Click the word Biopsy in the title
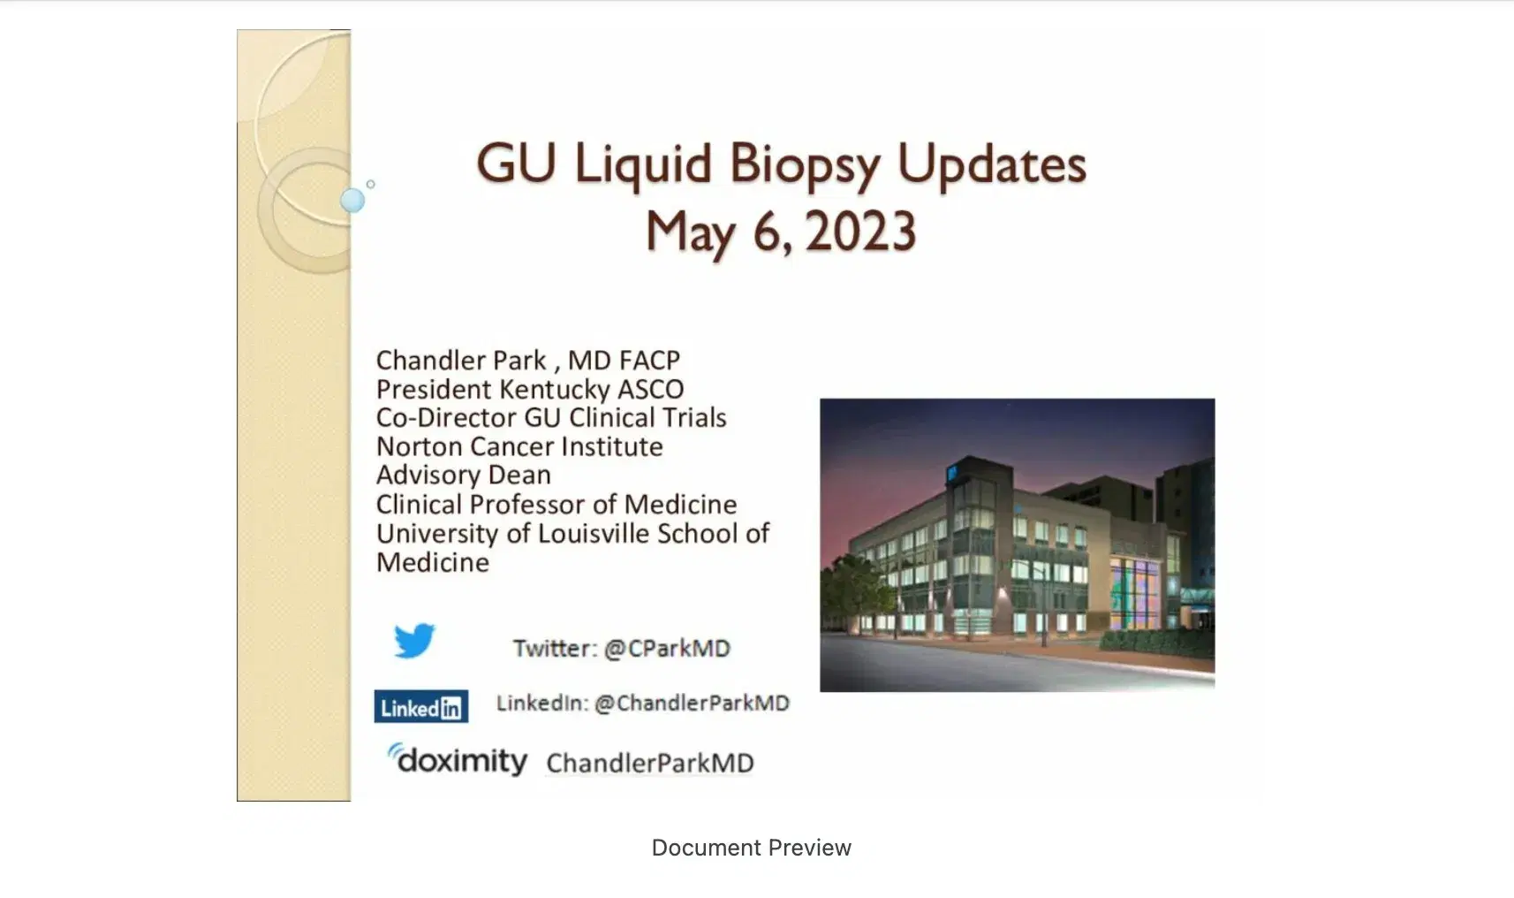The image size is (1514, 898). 804,165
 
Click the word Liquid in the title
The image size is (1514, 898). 642,164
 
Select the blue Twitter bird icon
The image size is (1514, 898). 414,641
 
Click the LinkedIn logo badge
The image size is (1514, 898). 421,707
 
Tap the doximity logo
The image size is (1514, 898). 458,760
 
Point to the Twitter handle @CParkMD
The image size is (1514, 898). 667,649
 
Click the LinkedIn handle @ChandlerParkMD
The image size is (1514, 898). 692,704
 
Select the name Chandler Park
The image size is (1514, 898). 461,361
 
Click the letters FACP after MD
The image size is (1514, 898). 649,361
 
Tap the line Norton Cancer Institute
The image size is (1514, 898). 519,447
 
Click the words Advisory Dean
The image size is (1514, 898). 464,476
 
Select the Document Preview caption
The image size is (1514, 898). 751,848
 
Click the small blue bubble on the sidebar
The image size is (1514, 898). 352,201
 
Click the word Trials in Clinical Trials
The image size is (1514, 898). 690,418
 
